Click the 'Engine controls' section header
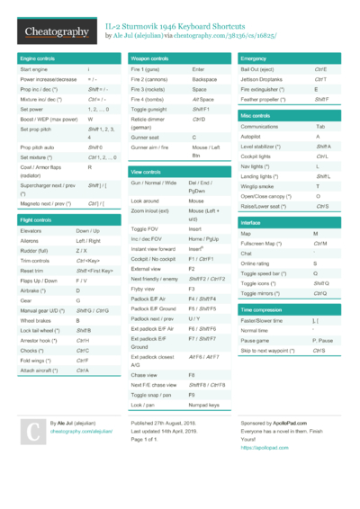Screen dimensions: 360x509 pos(38,58)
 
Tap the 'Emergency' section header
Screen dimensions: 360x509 pos(256,58)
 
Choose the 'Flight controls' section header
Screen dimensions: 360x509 pos(37,219)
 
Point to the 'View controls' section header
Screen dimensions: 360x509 pos(146,171)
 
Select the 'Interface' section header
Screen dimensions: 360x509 pos(251,222)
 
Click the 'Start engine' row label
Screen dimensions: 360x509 pos(34,69)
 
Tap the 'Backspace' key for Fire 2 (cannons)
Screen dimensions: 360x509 pos(204,79)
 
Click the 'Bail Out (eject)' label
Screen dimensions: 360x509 pos(258,69)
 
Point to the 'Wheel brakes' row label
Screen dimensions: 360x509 pos(36,320)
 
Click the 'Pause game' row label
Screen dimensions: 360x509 pos(255,341)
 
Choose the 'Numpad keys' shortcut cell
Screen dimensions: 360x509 pos(204,406)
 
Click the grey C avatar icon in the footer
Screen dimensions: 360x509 pos(31,434)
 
